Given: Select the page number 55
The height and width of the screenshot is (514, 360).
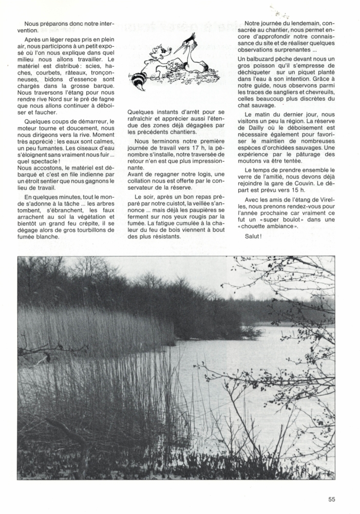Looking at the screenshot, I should click(x=332, y=498).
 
